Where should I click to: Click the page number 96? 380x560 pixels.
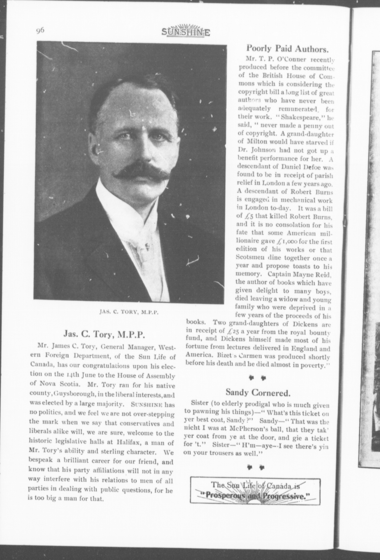click(40, 31)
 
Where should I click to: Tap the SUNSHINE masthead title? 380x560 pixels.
click(186, 32)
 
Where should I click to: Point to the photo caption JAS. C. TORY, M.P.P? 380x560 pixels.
click(129, 313)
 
